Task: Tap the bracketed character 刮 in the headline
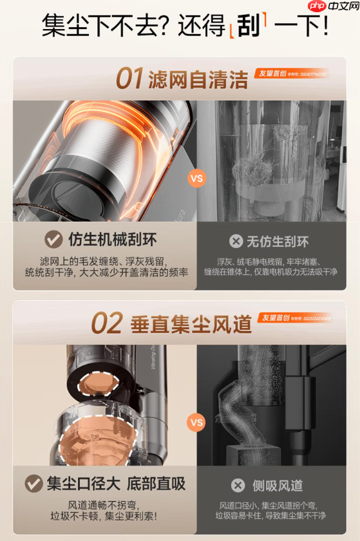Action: pos(248,27)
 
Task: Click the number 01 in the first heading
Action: pos(129,79)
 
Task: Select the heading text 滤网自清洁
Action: pos(198,79)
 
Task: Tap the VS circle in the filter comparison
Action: pos(196,178)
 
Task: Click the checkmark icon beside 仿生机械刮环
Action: pos(53,240)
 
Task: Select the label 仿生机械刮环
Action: pos(113,240)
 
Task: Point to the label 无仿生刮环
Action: pos(278,242)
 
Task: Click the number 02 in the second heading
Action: pos(107,323)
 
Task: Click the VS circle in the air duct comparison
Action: pos(196,422)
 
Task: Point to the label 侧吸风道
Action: pos(278,485)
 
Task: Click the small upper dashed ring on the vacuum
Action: pos(96,386)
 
